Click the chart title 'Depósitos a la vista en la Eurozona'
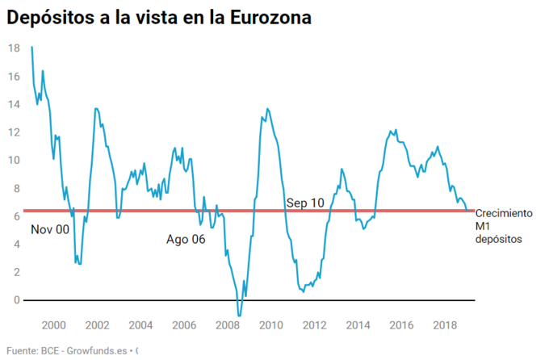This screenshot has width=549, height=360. [x=159, y=17]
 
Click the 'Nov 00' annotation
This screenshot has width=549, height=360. [x=50, y=230]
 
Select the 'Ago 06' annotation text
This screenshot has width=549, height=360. [x=186, y=239]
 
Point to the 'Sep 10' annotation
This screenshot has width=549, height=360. [x=305, y=203]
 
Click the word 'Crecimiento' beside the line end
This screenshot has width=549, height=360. [x=504, y=214]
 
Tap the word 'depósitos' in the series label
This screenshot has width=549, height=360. [x=499, y=239]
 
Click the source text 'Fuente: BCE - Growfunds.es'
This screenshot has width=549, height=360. [x=69, y=350]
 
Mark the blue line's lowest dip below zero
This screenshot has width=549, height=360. [x=239, y=314]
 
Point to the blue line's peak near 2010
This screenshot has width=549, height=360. [x=267, y=109]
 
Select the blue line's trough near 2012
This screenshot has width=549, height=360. [x=304, y=291]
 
